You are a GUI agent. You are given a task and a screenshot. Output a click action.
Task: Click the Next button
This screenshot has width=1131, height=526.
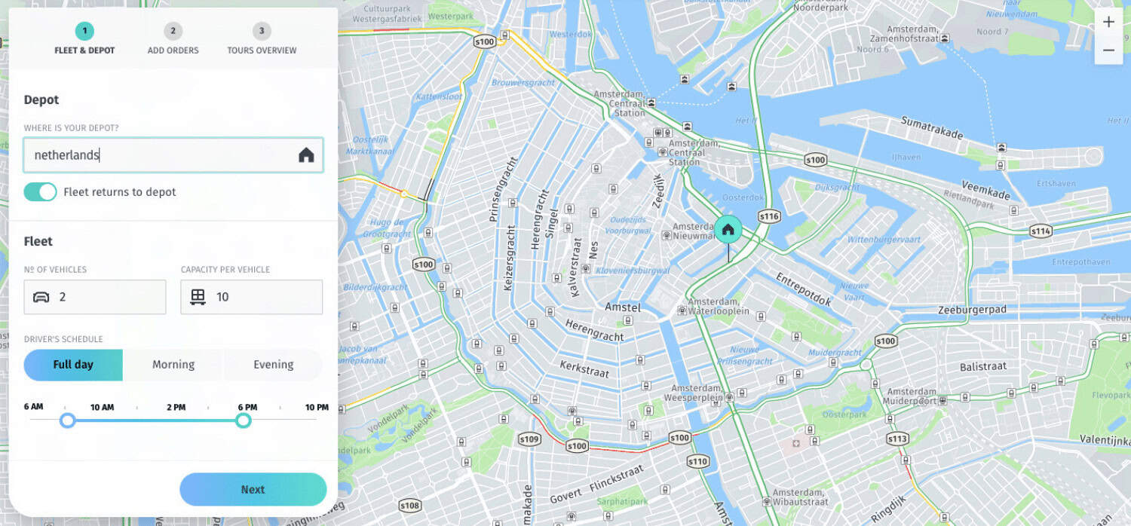pos(253,489)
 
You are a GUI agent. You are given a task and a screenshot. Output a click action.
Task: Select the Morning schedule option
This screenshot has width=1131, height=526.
pos(173,365)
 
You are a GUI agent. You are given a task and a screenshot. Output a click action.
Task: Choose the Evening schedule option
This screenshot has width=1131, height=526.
pos(273,365)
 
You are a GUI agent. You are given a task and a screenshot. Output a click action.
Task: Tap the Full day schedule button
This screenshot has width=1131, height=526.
pos(73,365)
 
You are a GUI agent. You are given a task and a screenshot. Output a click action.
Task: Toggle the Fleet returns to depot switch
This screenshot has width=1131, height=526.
pos(40,192)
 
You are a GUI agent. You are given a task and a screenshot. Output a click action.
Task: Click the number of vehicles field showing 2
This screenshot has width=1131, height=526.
pos(95,297)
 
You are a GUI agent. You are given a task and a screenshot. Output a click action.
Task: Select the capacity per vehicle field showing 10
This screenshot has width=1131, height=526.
pos(251,297)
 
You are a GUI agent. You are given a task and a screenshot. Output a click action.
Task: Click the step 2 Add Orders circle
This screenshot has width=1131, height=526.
pos(173,31)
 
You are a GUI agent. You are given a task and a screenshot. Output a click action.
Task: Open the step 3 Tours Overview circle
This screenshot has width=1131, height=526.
pos(262,31)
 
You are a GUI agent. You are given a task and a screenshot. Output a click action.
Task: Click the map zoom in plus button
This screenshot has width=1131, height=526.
pos(1108,22)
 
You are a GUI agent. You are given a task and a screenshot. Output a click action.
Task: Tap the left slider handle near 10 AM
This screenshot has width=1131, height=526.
pos(67,420)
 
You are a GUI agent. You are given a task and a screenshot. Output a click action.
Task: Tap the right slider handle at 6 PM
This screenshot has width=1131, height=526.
pos(243,420)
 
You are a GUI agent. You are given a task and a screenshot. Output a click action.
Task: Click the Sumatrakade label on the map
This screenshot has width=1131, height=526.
pos(931,128)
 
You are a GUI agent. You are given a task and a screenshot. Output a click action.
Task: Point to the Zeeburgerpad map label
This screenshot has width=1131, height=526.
pos(972,310)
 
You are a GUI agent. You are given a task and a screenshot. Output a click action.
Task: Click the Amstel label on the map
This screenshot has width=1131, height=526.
pos(622,307)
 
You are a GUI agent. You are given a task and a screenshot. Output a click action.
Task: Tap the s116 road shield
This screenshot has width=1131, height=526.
pos(769,217)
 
